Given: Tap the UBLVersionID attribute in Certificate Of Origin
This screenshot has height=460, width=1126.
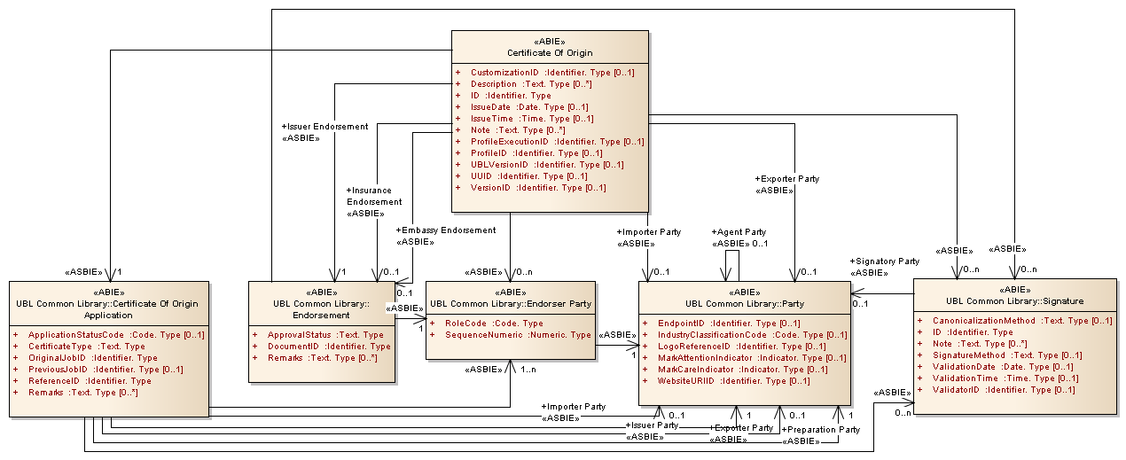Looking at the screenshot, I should coord(546,165).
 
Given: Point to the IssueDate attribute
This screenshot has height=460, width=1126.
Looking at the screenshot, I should coord(529,106).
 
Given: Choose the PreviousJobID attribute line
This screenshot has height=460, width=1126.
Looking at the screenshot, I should coord(106,370).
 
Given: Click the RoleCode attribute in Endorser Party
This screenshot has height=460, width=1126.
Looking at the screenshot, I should coord(494,324).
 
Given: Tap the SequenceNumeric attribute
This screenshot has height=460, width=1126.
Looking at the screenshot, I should coord(518,335).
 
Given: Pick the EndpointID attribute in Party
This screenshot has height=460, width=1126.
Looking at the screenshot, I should coord(729,324).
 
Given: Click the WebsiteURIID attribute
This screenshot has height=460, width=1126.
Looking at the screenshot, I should coord(734,381).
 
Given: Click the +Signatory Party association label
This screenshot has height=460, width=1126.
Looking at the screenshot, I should coord(884,261).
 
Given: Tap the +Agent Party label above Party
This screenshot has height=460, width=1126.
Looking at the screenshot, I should coord(739,232).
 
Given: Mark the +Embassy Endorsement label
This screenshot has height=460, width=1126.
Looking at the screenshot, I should coord(446,230).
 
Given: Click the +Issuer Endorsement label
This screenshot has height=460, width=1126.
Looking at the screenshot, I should coord(325,127).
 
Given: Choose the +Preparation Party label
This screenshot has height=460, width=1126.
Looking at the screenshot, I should coord(820,430).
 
